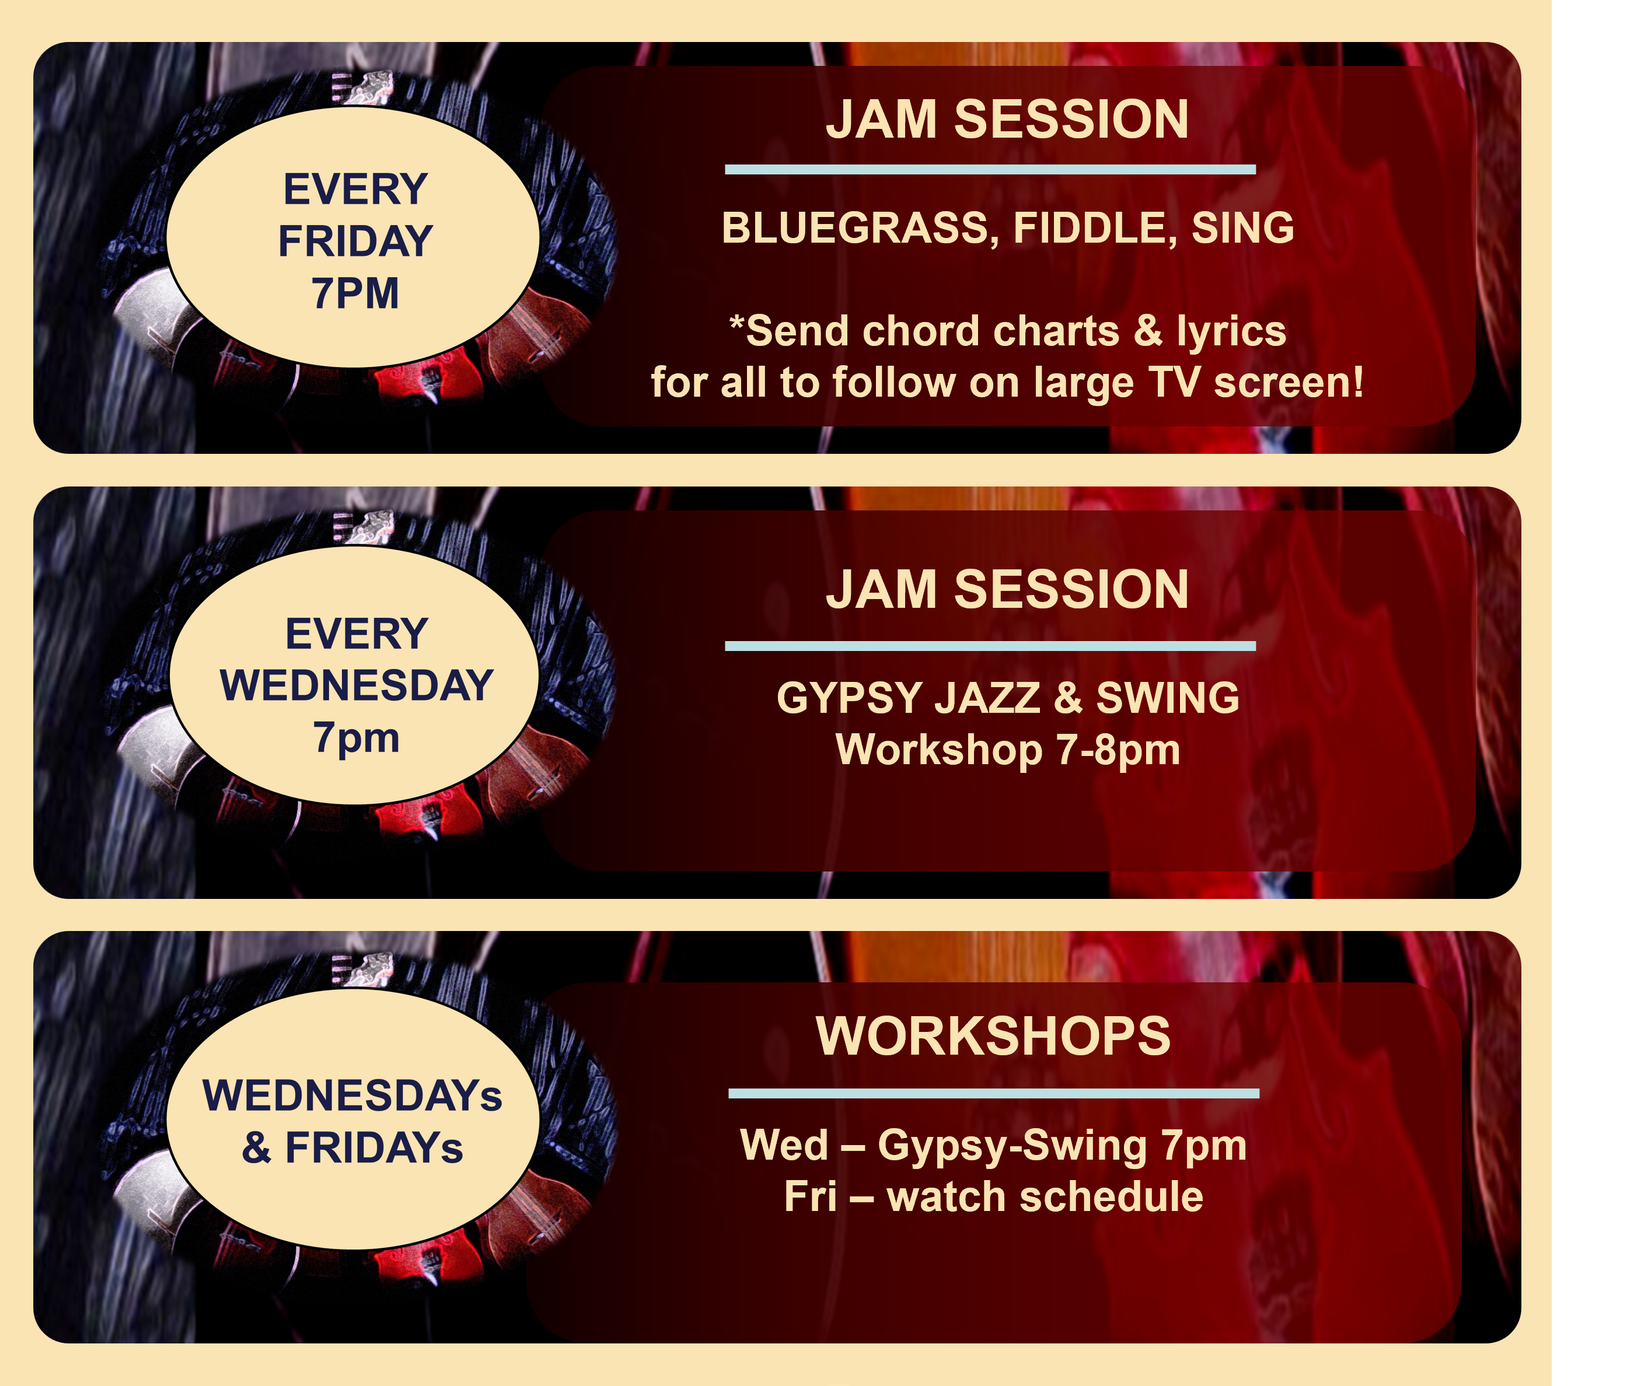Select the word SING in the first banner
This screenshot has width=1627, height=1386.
click(1243, 229)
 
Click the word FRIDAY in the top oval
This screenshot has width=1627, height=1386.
click(356, 241)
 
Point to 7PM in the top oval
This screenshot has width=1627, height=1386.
click(356, 293)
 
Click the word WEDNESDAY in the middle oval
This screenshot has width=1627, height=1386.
click(357, 685)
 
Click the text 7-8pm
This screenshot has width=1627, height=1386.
click(1118, 750)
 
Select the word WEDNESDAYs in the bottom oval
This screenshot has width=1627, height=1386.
click(352, 1095)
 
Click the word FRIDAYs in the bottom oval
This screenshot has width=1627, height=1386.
click(373, 1148)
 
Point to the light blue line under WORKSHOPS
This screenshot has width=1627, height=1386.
click(994, 1093)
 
